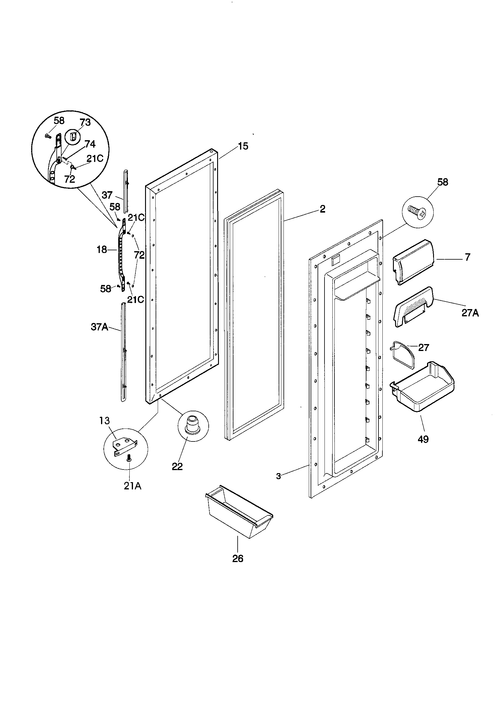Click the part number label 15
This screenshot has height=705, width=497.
point(243,147)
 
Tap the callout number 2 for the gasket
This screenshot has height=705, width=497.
point(322,209)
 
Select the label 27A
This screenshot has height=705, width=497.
point(470,313)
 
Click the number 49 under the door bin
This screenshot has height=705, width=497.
point(423,439)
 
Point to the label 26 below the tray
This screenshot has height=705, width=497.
point(238,558)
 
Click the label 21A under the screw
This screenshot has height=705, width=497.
point(133,486)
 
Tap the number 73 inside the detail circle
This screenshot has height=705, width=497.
point(85,122)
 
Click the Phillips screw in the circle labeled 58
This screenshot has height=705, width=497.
point(418,212)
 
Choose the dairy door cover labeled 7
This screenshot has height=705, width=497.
point(413,262)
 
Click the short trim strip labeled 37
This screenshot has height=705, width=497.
point(126,190)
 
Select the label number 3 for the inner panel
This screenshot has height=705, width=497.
point(278,476)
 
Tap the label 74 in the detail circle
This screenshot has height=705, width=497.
point(90,144)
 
